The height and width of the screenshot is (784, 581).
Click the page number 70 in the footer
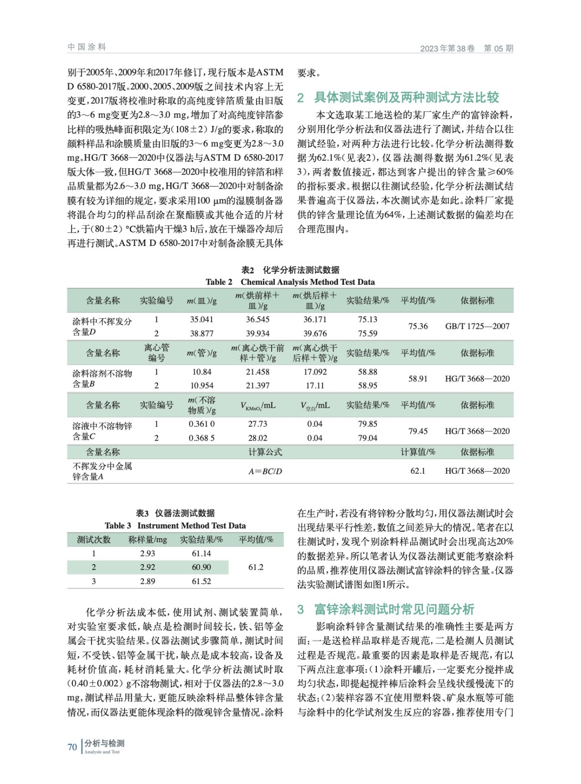click(x=72, y=747)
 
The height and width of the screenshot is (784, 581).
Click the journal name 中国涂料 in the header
click(x=87, y=47)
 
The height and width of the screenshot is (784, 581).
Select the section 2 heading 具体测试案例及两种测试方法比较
click(x=406, y=98)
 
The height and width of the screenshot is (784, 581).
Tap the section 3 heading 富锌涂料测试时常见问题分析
click(x=394, y=609)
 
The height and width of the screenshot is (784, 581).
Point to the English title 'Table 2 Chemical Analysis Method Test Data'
click(x=290, y=282)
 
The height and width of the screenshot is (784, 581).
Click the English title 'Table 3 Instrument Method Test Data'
click(x=175, y=525)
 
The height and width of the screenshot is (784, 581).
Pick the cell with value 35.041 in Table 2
click(x=202, y=319)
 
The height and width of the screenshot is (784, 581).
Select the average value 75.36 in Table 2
click(x=418, y=326)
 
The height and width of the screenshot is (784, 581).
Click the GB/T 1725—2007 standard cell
click(x=477, y=326)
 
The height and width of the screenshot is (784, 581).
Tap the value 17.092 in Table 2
click(x=315, y=372)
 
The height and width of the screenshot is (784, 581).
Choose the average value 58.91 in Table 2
click(x=418, y=379)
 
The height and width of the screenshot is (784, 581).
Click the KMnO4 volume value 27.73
click(x=257, y=424)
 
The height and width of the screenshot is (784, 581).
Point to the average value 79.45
click(x=418, y=431)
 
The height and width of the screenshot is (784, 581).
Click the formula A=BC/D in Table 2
click(x=265, y=471)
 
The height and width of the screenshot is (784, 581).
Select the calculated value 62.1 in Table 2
click(x=418, y=471)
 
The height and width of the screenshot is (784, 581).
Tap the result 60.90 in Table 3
click(x=201, y=567)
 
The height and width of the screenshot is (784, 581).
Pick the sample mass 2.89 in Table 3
click(x=147, y=581)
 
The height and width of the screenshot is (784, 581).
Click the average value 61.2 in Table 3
click(x=256, y=567)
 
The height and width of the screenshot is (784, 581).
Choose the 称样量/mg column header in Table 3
click(x=147, y=539)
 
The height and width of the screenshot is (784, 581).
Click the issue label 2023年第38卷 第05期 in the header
click(x=466, y=48)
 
